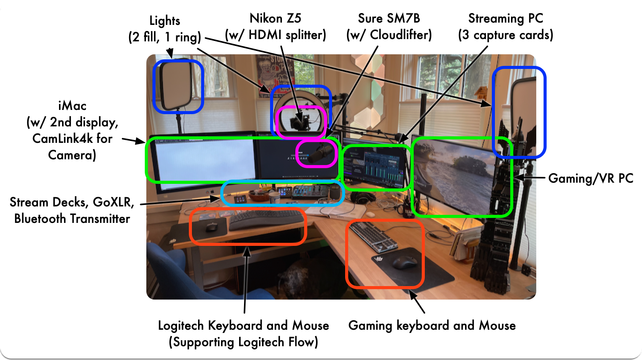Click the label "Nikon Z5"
tap(275, 18)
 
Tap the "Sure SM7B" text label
tap(389, 18)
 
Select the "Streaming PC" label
tap(506, 18)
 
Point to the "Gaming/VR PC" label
tap(590, 178)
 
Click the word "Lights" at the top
tap(165, 21)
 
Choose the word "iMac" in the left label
tap(72, 106)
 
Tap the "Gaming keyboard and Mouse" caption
tap(432, 326)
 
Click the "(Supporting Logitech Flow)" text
tap(243, 342)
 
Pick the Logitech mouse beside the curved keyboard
tap(211, 227)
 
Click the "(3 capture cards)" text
tap(506, 35)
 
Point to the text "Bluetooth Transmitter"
tap(72, 219)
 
